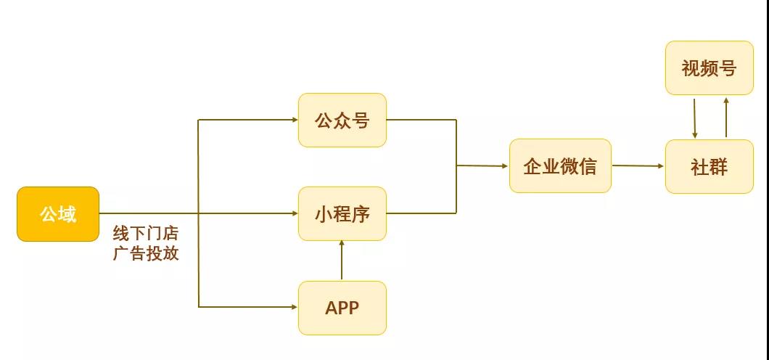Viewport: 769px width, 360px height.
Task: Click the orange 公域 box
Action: [58, 214]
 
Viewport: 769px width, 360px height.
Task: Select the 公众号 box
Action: [342, 120]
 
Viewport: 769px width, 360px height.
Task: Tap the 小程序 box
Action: [342, 214]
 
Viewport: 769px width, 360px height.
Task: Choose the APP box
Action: [342, 308]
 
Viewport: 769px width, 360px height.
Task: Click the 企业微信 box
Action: [560, 166]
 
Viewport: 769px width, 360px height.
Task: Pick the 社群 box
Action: [709, 167]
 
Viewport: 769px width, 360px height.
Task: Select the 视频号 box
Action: [709, 68]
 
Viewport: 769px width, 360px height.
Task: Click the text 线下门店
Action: [145, 234]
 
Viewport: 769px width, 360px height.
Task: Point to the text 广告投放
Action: [145, 254]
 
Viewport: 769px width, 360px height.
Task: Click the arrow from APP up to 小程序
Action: [342, 261]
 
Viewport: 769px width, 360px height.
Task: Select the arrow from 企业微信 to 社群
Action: [638, 166]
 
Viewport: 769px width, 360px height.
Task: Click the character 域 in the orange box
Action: [67, 214]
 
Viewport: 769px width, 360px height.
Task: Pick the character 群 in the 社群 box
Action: [718, 167]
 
